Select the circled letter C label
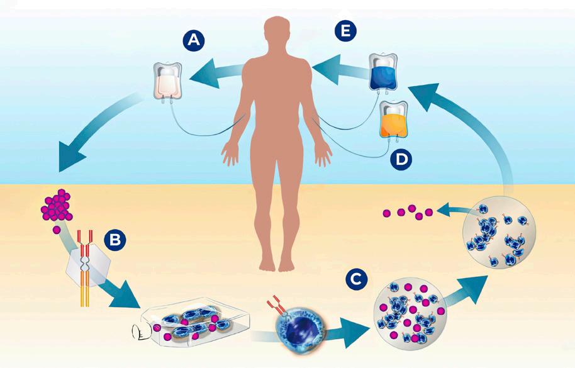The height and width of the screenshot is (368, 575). coord(356,277)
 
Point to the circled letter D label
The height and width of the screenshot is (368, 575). coord(401,160)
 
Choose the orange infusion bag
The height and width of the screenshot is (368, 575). coord(394,120)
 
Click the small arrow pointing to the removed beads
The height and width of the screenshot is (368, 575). coord(450,208)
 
